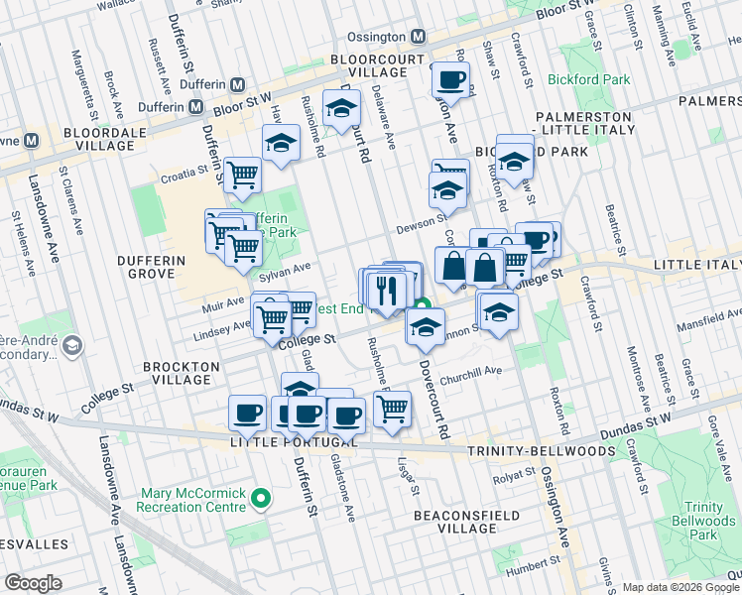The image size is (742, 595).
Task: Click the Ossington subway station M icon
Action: point(419,37)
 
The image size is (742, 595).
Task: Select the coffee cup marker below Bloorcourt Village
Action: point(449,79)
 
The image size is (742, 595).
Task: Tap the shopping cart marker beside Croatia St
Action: point(242,177)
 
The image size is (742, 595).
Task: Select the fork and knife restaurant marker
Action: point(384,289)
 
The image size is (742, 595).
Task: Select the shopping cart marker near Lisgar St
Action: point(393,408)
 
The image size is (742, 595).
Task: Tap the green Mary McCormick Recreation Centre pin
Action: point(261,498)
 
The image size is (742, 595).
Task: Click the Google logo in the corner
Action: point(33,583)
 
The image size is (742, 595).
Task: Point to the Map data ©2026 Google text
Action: point(680,587)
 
